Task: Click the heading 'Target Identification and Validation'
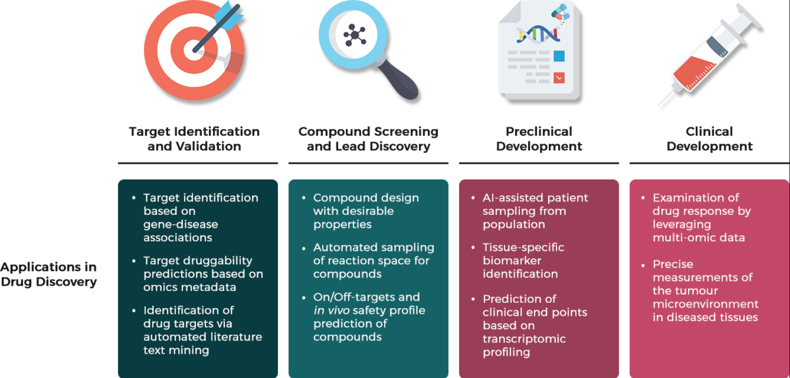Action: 195,139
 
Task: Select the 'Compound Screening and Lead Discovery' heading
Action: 368,139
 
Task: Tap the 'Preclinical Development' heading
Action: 539,139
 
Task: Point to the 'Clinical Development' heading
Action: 710,139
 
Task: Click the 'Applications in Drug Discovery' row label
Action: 49,274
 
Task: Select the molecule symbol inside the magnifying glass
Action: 355,35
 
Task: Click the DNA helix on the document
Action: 538,34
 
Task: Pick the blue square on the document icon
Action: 559,56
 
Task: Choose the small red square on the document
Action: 559,77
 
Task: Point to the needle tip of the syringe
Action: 658,106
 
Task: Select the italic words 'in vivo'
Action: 331,310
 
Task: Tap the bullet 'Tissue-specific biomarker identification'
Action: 518,260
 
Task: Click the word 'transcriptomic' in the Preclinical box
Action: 524,339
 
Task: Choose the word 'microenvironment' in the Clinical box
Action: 705,304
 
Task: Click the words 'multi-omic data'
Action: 699,238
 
